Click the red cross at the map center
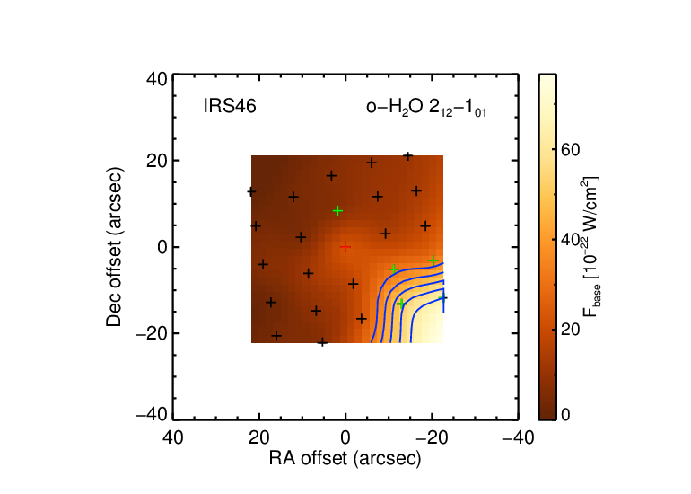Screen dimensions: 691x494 (x=345, y=247)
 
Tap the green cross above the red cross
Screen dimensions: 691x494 (x=337, y=211)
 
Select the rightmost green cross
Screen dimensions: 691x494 (x=433, y=260)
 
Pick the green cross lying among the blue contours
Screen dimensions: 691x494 (x=400, y=304)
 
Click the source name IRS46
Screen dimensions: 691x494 (x=230, y=106)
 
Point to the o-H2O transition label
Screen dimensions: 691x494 (x=426, y=108)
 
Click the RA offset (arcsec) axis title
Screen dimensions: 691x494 (x=345, y=458)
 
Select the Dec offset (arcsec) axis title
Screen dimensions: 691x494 (x=114, y=247)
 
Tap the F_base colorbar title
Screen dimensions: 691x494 (x=590, y=247)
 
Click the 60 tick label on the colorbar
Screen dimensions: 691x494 (x=570, y=150)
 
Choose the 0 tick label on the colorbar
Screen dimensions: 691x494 (x=565, y=415)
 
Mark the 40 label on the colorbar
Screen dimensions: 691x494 (x=570, y=240)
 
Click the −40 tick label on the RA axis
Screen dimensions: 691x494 (x=519, y=438)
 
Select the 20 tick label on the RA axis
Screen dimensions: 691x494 (x=259, y=438)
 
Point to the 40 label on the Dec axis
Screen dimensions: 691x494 (x=157, y=80)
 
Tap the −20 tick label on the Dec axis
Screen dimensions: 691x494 (x=152, y=333)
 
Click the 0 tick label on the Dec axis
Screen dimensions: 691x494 (x=162, y=247)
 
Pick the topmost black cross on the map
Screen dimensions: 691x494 (x=408, y=156)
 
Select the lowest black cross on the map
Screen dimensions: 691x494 (x=322, y=342)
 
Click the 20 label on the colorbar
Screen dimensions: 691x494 (x=570, y=330)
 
